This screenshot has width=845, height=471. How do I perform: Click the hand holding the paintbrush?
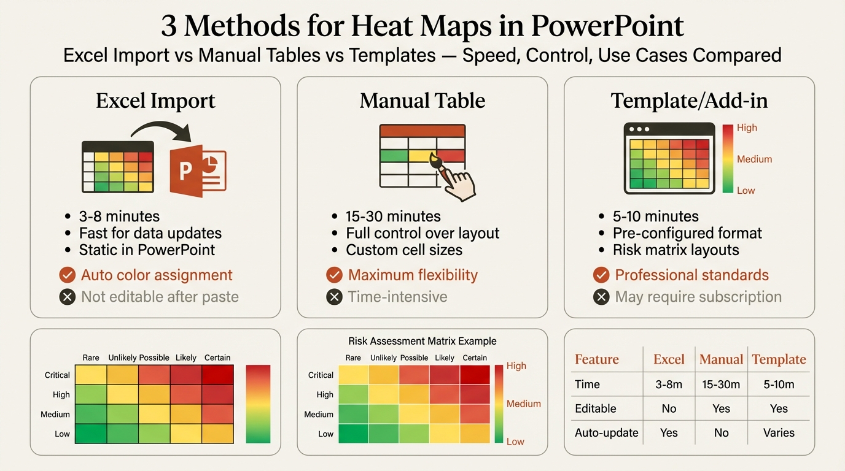pos(455,180)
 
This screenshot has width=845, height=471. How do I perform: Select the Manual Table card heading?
pos(422,101)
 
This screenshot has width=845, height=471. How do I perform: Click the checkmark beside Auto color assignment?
pos(68,275)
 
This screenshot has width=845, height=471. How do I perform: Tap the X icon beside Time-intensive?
pos(334,297)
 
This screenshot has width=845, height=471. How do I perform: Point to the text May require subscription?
pos(698,297)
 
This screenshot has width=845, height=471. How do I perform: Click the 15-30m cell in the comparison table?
pos(721,385)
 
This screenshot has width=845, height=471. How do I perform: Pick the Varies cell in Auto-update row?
pos(779,433)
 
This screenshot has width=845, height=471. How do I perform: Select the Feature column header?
pos(597,360)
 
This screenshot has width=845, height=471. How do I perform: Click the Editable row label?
pos(595,408)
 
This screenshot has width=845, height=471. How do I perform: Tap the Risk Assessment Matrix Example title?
pos(422,341)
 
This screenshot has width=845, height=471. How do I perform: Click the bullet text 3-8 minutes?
pos(119,216)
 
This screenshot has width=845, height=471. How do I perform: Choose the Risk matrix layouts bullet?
pos(676,250)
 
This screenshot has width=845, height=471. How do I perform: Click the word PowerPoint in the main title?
pos(607,26)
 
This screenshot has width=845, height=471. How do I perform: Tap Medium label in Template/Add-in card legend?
pos(754,159)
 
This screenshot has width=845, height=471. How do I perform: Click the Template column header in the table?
pos(779,360)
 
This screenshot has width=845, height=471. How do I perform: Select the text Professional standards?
pos(691,275)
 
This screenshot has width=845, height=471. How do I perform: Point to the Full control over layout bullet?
pos(422,234)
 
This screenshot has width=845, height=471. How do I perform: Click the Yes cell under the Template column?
pos(779,408)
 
